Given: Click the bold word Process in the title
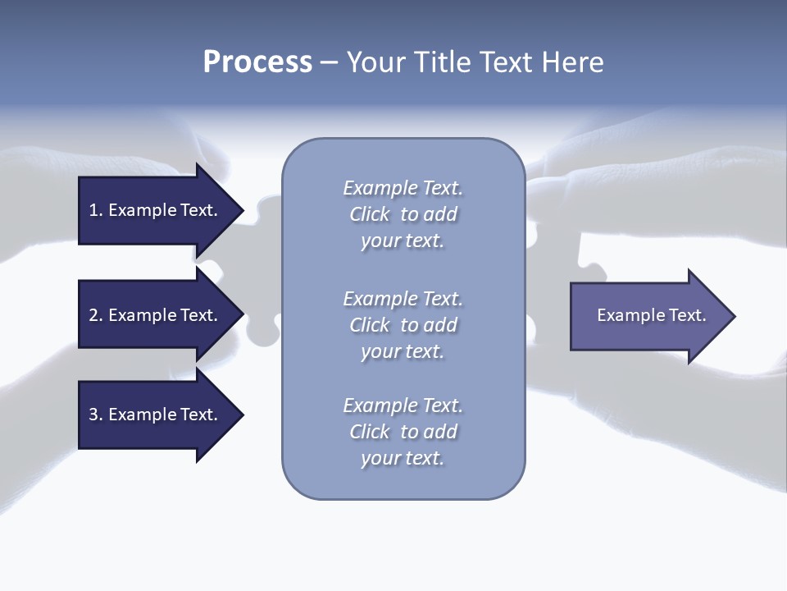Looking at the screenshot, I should (x=257, y=62).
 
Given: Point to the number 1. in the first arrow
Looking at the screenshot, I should (x=96, y=210).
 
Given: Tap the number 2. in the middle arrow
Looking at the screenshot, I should (x=96, y=315).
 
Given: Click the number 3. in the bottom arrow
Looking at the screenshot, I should (x=96, y=415).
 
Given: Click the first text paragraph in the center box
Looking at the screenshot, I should (x=403, y=214).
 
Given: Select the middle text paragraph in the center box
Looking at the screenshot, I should (x=403, y=324).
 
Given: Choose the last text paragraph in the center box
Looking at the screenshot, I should (x=403, y=432).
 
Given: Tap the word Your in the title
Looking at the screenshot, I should (x=374, y=62).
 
